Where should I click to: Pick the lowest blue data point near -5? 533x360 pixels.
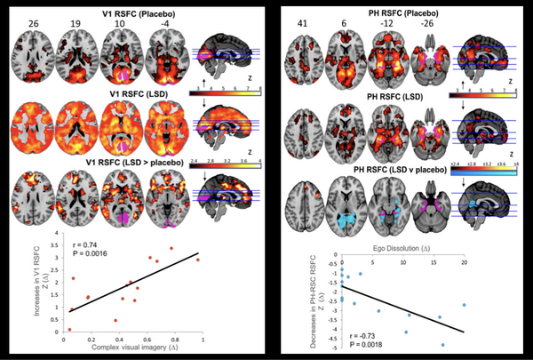tap(443, 345)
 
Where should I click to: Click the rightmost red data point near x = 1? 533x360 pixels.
tap(197, 260)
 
